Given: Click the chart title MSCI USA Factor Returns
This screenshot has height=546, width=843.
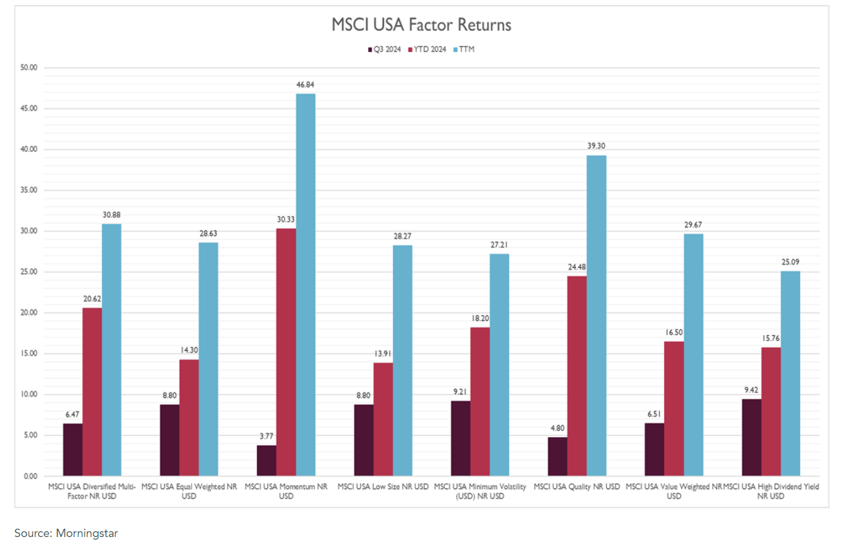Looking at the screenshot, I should pyautogui.click(x=421, y=25).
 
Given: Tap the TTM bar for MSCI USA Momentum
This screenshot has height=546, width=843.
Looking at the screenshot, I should pyautogui.click(x=305, y=285).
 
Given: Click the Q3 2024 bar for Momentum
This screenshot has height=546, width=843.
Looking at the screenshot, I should pyautogui.click(x=267, y=461).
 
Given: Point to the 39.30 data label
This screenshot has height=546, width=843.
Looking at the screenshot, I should pyautogui.click(x=596, y=146).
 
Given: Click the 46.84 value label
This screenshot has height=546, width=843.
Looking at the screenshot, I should pyautogui.click(x=306, y=85).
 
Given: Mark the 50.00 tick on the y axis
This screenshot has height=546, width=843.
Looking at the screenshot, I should pyautogui.click(x=29, y=67).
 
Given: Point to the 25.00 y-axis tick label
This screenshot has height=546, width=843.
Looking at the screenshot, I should pyautogui.click(x=29, y=272).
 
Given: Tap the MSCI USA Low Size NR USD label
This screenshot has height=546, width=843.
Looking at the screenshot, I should pyautogui.click(x=383, y=487).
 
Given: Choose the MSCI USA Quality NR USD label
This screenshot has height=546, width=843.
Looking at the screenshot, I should pyautogui.click(x=577, y=487).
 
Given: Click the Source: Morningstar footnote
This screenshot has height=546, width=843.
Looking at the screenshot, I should pyautogui.click(x=66, y=533).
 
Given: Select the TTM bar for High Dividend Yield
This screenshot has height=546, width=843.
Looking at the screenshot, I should pyautogui.click(x=790, y=374).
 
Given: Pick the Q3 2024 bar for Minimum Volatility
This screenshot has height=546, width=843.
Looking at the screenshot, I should pyautogui.click(x=460, y=438).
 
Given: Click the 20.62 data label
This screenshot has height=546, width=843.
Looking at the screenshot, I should pyautogui.click(x=92, y=299).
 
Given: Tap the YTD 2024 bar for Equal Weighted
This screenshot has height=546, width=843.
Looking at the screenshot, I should pyautogui.click(x=189, y=418).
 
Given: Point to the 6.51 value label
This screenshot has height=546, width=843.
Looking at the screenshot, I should pyautogui.click(x=655, y=414).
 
